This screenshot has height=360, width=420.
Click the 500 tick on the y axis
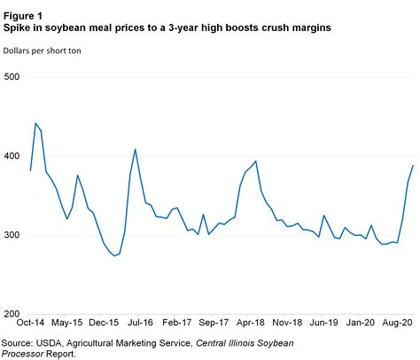coord(12,77)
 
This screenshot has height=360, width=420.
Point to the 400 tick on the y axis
coord(12,156)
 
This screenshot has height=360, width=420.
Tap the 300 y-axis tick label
coord(12,235)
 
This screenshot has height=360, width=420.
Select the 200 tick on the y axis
coord(12,314)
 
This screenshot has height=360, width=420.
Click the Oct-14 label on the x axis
coord(31,325)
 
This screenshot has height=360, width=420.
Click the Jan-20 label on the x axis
coord(363,325)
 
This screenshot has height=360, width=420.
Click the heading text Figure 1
coord(24,15)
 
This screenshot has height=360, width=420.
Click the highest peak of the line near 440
coord(35,123)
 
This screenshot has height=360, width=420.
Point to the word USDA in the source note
coord(56,341)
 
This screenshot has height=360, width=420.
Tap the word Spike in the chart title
coord(19,28)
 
